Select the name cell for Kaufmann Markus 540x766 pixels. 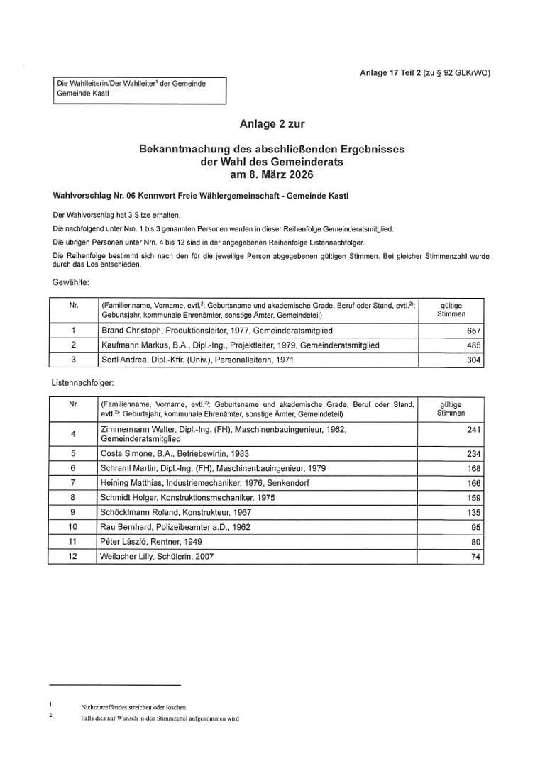tap(240, 345)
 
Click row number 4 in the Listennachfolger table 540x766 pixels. tap(73, 433)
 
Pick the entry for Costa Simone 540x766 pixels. tap(175, 453)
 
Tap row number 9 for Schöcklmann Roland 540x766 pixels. tap(73, 512)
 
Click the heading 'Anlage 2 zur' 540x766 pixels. tap(272, 124)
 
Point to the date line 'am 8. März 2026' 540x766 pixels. tap(272, 174)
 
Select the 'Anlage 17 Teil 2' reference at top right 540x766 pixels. tap(390, 73)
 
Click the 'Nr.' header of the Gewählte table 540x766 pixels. tap(73, 305)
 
